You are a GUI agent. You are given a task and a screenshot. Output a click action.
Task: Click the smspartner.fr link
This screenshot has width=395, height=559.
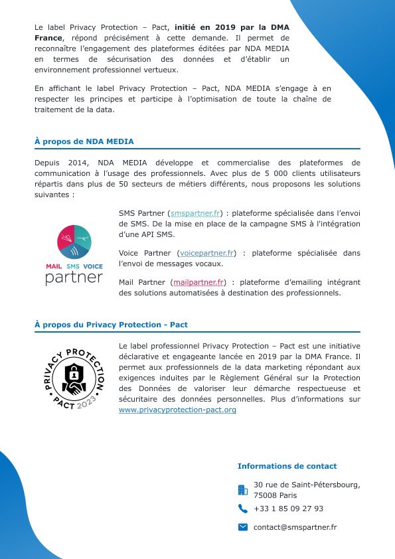coord(196,214)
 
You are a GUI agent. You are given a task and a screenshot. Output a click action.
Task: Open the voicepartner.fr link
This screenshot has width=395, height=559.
coord(206,253)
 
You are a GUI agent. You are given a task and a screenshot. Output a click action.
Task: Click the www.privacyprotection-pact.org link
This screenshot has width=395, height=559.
coord(177,410)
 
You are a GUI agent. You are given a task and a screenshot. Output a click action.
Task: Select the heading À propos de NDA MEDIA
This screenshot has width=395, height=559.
coord(84,141)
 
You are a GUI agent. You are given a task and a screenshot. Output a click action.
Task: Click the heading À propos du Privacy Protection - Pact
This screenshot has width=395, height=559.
coord(111,325)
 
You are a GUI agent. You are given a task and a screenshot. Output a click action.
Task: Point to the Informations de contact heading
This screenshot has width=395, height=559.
coord(287,466)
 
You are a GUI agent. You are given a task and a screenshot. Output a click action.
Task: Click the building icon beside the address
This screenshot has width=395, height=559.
coord(242,490)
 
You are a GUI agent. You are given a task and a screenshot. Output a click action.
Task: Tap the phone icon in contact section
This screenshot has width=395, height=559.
coord(242,509)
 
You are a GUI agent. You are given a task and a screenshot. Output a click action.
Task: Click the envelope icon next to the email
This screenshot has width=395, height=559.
coord(242,527)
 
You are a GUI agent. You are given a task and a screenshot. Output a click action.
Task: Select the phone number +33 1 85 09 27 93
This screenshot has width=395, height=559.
coord(288,509)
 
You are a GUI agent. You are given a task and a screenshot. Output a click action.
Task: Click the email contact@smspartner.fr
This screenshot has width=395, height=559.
coord(295,527)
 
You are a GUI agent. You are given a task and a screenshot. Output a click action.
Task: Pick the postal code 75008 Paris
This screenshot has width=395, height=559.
coord(276,495)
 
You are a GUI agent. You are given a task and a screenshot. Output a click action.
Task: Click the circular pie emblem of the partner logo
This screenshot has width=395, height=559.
coord(74,242)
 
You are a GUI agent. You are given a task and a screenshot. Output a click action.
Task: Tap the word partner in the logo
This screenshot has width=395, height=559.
coord(74,277)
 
